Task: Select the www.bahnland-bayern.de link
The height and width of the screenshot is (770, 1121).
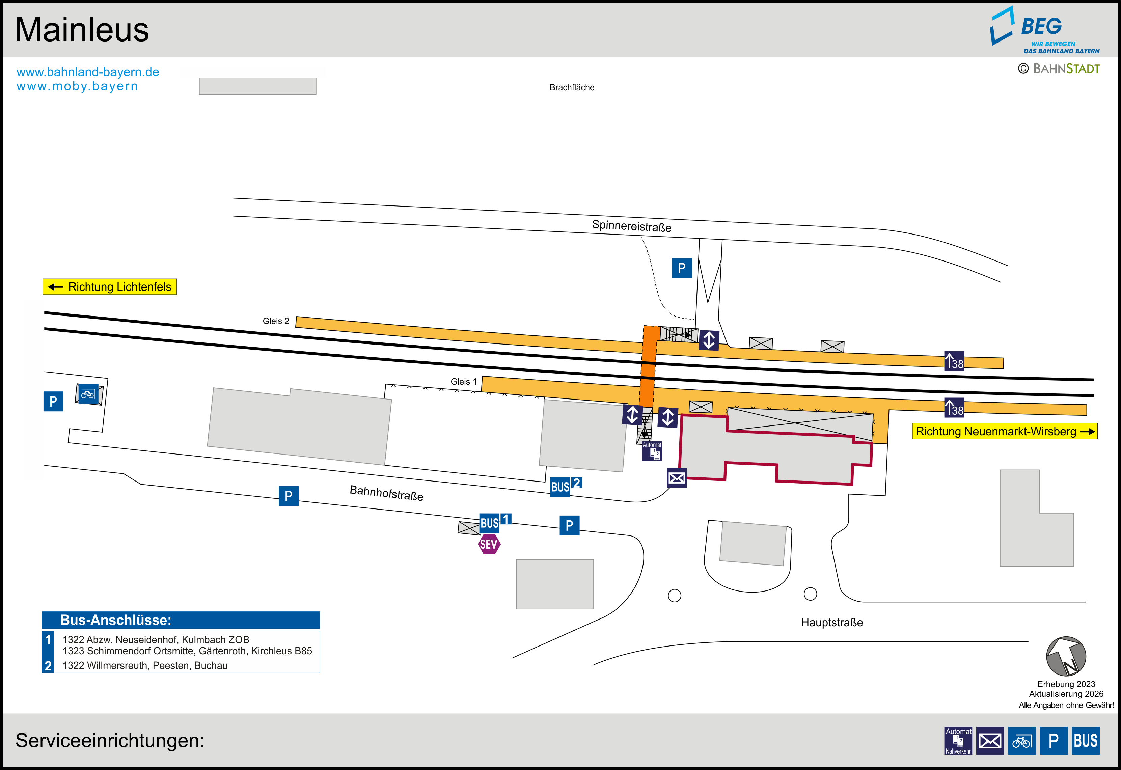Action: coord(88,72)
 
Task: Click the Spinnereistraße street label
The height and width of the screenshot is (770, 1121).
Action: coord(631,226)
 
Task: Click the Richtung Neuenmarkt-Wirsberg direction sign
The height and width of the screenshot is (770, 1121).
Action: coord(1004,431)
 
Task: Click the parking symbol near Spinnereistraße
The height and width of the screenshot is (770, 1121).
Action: coord(682,268)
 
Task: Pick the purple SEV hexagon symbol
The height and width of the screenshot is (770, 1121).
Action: coord(489,544)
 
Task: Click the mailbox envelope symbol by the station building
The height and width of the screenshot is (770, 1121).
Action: coord(676,478)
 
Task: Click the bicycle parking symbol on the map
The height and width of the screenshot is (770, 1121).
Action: coord(88,394)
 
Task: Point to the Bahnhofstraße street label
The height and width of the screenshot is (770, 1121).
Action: coord(386,493)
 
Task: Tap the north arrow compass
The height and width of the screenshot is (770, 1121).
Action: coord(1066,656)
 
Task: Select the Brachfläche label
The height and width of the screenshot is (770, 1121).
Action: coord(572,87)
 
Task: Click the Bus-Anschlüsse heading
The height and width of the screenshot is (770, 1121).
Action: coord(115,620)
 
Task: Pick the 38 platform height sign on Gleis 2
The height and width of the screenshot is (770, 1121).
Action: coord(954,361)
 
